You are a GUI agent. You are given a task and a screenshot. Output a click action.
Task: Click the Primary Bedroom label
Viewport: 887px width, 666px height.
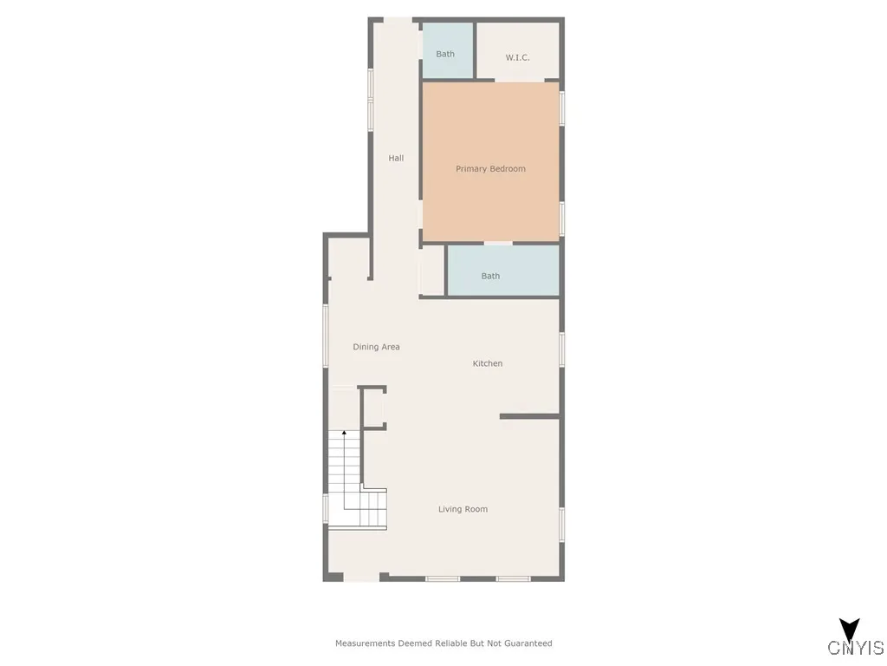coord(490,169)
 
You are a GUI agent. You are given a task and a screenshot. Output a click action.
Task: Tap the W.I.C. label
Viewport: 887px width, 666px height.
coord(517,58)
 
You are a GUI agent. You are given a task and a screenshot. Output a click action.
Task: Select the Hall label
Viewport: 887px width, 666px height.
coord(396,158)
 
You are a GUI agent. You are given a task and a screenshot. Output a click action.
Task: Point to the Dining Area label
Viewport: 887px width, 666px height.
coord(376,347)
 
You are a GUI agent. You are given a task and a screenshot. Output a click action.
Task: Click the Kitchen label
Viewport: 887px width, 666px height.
coord(488,363)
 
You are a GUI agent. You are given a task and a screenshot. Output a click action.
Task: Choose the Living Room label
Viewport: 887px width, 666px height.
coord(463,509)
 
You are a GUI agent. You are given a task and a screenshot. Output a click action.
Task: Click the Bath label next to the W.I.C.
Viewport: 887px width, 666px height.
coord(445,54)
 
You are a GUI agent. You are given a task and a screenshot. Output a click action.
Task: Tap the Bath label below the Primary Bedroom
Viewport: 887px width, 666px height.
coord(490,276)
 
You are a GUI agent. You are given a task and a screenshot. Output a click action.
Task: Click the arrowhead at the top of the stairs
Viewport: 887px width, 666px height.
coord(344,432)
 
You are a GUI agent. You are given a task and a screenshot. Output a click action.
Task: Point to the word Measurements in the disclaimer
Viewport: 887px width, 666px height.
coord(366,643)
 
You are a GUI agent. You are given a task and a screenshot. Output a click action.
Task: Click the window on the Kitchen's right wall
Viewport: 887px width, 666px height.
coord(561,349)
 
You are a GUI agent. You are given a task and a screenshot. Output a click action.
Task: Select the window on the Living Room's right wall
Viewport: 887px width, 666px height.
coord(561,524)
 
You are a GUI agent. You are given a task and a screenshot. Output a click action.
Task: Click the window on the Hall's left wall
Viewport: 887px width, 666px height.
coord(371,99)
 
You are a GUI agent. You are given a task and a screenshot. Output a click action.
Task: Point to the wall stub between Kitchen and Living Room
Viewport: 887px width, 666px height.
coord(529,417)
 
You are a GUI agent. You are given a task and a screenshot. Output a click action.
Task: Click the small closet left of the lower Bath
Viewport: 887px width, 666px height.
coord(431,272)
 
